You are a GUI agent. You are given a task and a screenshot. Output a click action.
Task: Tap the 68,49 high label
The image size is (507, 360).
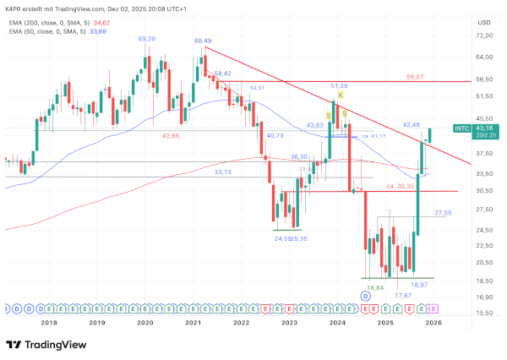(202, 40)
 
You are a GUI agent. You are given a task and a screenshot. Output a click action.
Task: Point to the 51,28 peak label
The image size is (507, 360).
(339, 85)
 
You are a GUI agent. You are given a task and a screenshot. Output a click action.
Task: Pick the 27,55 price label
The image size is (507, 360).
(443, 213)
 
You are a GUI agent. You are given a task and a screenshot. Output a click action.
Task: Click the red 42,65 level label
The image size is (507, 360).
(172, 135)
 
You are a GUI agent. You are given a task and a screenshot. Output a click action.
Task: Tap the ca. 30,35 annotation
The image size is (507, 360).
(400, 185)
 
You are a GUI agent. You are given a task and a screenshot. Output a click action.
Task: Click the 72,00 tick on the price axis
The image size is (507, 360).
(484, 35)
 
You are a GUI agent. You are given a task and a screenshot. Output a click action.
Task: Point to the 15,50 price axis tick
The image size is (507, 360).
(484, 314)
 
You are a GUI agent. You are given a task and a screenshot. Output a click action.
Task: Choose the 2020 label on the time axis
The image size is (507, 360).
(145, 323)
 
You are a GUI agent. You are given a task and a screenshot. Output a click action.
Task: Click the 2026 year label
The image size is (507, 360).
(433, 323)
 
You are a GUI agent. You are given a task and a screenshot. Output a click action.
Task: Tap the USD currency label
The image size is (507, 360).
(484, 22)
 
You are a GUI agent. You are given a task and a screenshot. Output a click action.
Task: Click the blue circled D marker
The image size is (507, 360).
(365, 297)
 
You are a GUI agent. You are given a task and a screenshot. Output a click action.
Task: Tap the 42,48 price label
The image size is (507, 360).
(411, 124)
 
